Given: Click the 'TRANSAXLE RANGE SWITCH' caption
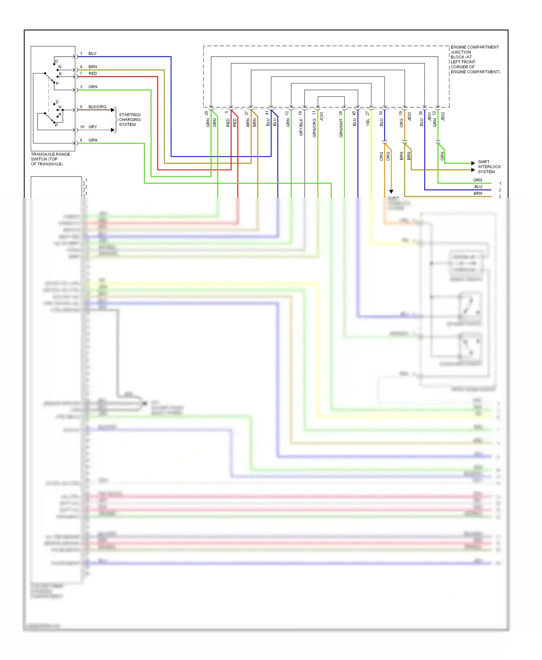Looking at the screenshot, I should click(50, 159).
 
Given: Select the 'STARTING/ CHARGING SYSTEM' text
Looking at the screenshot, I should click(129, 120).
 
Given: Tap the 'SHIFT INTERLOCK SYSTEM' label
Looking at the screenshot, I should click(489, 167).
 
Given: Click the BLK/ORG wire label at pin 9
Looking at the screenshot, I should click(97, 107).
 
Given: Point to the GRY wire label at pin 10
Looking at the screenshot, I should click(93, 127).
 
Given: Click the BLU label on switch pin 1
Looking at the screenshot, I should click(92, 53).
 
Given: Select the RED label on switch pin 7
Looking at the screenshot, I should click(93, 73).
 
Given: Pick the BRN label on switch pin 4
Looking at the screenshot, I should click(93, 67).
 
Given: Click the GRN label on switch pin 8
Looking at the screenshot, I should click(93, 140).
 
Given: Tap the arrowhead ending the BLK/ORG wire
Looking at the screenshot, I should click(113, 110).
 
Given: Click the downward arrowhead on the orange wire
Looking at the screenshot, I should click(391, 192).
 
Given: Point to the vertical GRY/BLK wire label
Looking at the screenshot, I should click(301, 127).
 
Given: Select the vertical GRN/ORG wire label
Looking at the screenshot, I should click(314, 128).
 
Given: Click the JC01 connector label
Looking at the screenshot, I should click(322, 116).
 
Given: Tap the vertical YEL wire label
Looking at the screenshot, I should click(368, 122).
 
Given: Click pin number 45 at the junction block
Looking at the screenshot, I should click(354, 113).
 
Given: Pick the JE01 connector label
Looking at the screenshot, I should click(429, 116).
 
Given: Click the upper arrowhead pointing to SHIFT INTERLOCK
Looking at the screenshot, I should click(473, 163).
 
